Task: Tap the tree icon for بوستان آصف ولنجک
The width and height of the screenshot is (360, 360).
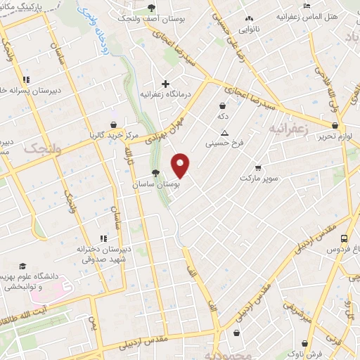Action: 152,8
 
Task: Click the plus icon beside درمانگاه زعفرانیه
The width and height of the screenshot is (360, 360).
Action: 165,83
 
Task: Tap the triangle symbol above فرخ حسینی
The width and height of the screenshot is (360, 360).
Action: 224,134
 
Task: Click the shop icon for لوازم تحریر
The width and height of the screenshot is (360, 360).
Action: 335,127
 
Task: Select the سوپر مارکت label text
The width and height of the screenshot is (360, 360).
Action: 259,179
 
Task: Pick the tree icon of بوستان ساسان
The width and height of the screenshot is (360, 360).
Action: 155,173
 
